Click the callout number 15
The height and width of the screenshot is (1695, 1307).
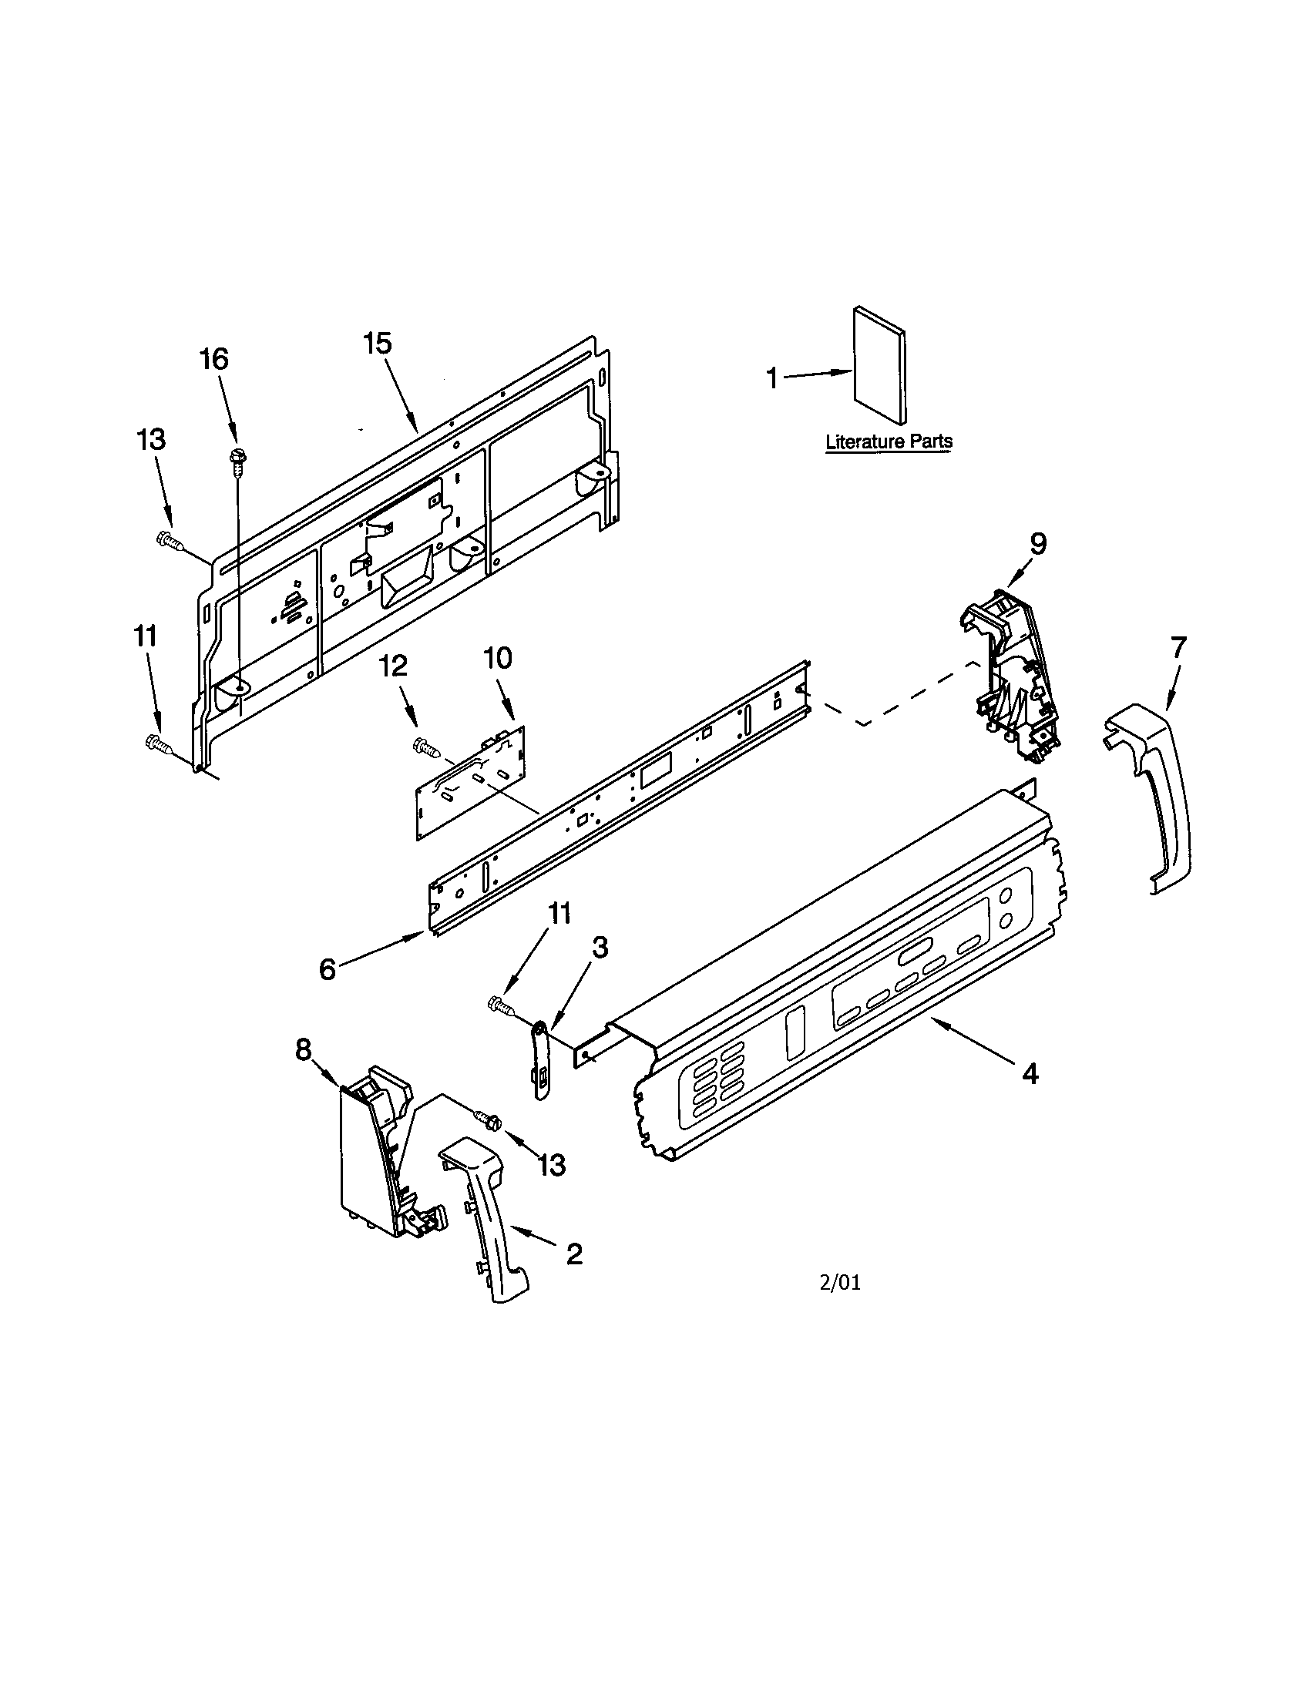tap(378, 343)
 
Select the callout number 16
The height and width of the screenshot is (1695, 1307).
tap(214, 359)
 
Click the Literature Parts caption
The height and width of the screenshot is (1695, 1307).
tap(889, 442)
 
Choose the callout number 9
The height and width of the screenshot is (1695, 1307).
tap(1039, 542)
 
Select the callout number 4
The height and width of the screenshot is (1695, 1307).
tap(1029, 1073)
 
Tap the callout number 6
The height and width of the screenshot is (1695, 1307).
tap(328, 968)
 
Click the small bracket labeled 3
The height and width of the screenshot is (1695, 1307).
tap(541, 1059)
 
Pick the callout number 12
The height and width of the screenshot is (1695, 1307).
tap(394, 666)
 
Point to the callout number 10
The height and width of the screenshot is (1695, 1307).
tap(498, 658)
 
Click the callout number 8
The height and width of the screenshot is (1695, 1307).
tap(303, 1049)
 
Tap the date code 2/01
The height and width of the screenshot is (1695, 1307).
tap(841, 1283)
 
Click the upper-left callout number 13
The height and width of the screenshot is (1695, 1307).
tap(151, 439)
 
